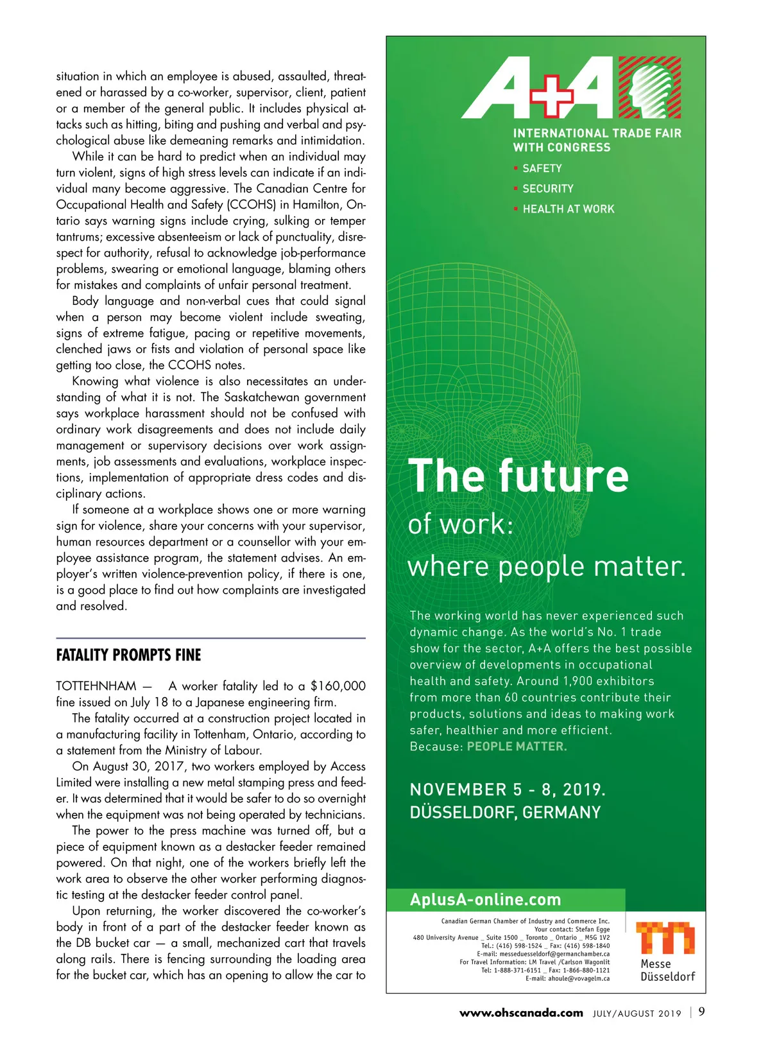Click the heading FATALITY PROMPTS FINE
point(128,655)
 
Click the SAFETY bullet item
point(542,168)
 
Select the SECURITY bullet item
point(547,189)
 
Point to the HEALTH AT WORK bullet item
point(568,209)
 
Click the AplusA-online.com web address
point(485,899)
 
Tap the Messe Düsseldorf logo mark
point(665,938)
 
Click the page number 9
point(701,1012)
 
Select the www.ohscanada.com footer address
point(521,1013)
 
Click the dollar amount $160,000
point(338,686)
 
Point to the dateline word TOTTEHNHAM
point(96,686)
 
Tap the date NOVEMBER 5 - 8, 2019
point(507,790)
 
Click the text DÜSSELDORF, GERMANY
point(505,813)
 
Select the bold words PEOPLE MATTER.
point(517,747)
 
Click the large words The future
point(518,476)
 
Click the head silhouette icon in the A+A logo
point(649,87)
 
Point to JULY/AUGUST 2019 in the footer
point(637,1014)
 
